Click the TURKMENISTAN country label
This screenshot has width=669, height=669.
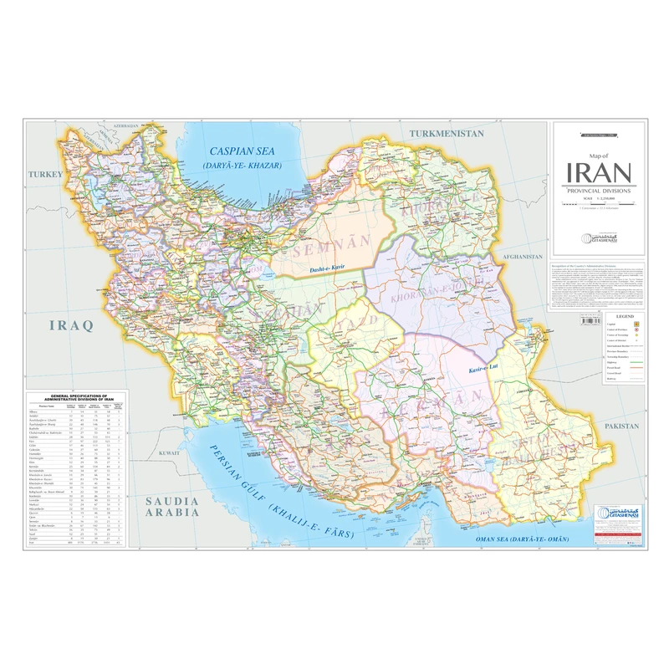point(446,134)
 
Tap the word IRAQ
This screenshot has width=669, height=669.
point(73,324)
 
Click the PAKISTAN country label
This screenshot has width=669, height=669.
point(616,426)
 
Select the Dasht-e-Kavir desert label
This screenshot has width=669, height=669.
point(327,269)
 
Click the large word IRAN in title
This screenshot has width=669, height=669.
point(599,173)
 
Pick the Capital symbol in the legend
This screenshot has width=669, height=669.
point(636,324)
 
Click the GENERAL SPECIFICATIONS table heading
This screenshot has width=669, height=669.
point(76,396)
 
